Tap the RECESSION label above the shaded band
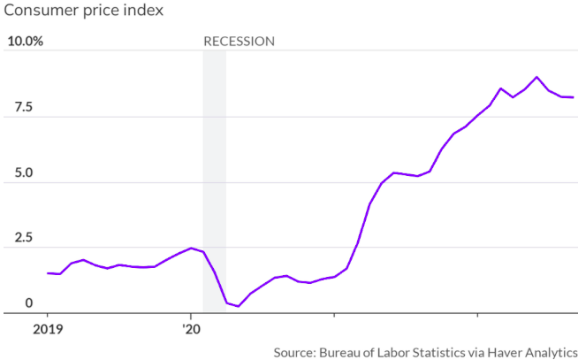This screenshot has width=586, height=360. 239,42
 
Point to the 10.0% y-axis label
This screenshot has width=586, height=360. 25,42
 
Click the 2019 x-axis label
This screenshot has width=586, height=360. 47,328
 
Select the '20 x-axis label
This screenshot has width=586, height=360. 191,328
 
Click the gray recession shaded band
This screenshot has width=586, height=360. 214,177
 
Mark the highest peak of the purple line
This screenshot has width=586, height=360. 537,77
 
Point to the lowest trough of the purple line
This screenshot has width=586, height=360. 238,306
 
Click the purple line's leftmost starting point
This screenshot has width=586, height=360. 47,273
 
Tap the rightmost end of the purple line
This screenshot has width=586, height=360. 573,97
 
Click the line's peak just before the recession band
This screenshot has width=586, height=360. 191,248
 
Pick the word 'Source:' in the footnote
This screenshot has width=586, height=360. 293,351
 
